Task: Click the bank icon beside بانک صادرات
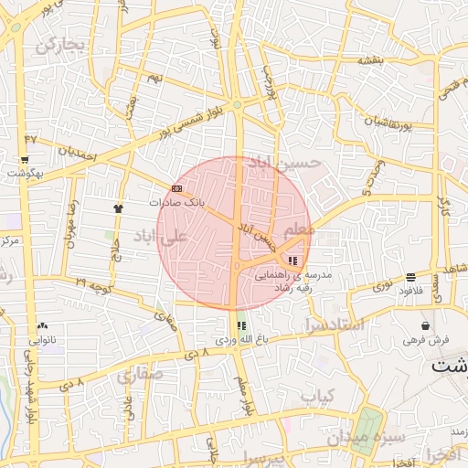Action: pos(177,189)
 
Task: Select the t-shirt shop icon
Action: pos(118,207)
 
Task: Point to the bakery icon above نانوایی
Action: pos(42,325)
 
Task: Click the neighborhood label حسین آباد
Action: pos(287,163)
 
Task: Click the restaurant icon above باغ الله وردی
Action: pos(241,325)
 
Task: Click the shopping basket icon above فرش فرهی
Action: pos(426,325)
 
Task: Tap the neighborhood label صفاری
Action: pos(139,375)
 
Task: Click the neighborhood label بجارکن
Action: pos(60,44)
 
